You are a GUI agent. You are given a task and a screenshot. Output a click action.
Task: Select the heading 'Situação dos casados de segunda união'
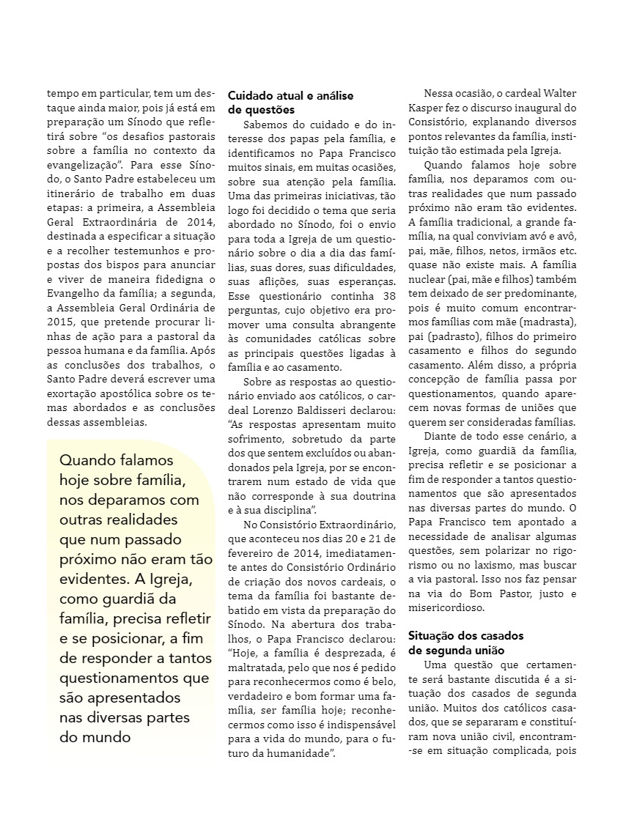pos(465,643)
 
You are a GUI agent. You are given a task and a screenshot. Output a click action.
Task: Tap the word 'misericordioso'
pos(449,607)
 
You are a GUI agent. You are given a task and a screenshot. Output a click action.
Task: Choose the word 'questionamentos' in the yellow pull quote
pos(114,678)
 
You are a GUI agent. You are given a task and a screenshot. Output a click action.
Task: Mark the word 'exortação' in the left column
pos(73,394)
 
